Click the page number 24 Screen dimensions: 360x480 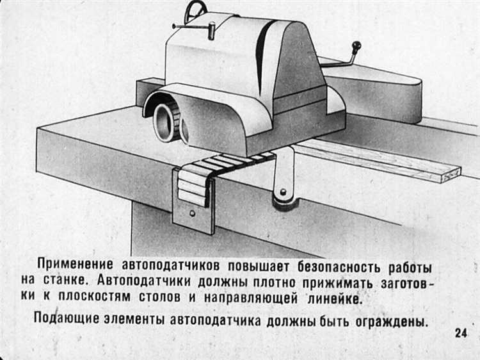click(461, 332)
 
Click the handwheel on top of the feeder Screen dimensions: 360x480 click(195, 11)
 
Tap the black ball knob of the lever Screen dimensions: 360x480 click(356, 46)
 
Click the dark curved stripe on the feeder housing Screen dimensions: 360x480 click(262, 54)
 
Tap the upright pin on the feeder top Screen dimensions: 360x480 click(212, 31)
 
